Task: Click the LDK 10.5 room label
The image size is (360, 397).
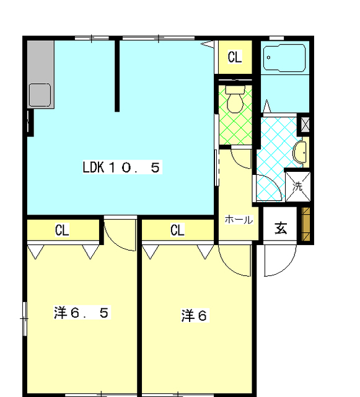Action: pyautogui.click(x=122, y=167)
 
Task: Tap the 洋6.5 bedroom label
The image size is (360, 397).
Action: pyautogui.click(x=82, y=313)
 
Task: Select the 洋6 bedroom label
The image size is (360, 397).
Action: pyautogui.click(x=195, y=316)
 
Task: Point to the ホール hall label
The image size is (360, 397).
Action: pyautogui.click(x=239, y=220)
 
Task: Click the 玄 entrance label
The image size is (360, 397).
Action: pyautogui.click(x=281, y=228)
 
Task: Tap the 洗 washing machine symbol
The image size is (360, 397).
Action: pyautogui.click(x=298, y=187)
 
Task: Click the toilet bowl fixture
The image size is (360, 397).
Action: pyautogui.click(x=235, y=99)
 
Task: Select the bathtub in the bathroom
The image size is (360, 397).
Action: pyautogui.click(x=284, y=58)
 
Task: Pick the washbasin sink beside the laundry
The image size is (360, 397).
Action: pyautogui.click(x=300, y=153)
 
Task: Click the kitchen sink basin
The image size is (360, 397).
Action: pyautogui.click(x=40, y=95)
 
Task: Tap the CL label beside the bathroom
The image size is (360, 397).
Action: pyautogui.click(x=235, y=57)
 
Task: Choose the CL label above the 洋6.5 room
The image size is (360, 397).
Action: pyautogui.click(x=62, y=230)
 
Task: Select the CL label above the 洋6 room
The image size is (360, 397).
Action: pyautogui.click(x=178, y=230)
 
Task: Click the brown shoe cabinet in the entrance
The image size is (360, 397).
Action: pyautogui.click(x=306, y=224)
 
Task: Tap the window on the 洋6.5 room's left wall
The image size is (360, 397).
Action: pyautogui.click(x=25, y=319)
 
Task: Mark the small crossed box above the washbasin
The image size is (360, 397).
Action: pyautogui.click(x=305, y=125)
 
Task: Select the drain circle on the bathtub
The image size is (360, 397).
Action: pyautogui.click(x=268, y=58)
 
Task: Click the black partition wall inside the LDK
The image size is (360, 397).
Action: pyautogui.click(x=117, y=76)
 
